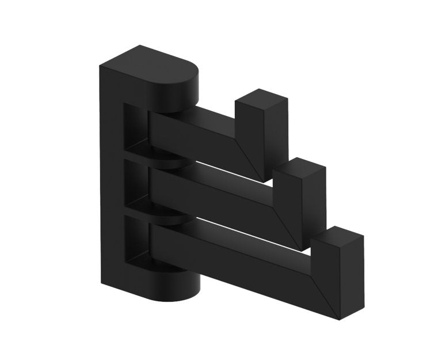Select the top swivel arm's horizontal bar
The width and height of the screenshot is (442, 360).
pos(196,135)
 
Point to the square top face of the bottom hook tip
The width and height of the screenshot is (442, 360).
pos(338,236)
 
